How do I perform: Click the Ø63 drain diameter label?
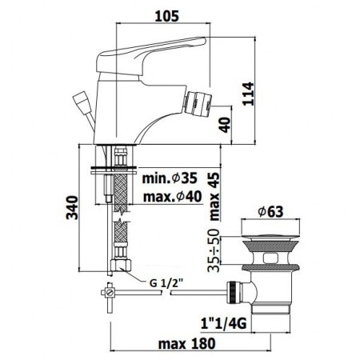pyautogui.click(x=272, y=212)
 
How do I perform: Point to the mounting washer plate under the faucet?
pyautogui.click(x=111, y=168)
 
